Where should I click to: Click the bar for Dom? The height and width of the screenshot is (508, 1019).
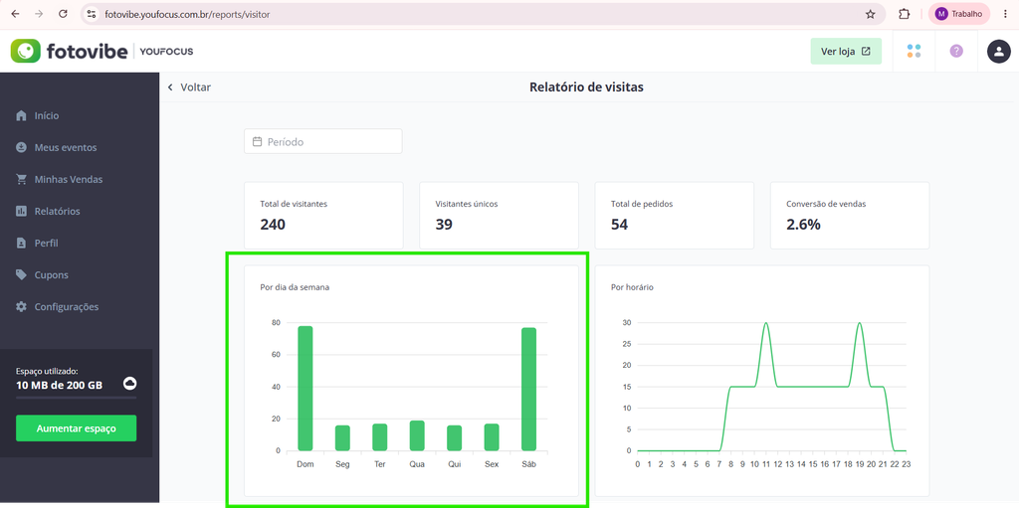[306, 389]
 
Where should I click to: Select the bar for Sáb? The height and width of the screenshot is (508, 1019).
[529, 389]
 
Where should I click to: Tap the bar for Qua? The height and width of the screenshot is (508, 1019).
[417, 435]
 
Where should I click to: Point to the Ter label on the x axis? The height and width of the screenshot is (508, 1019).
[380, 464]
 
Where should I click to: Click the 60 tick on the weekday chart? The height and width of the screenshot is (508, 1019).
[276, 355]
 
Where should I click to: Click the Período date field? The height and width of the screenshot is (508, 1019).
[323, 141]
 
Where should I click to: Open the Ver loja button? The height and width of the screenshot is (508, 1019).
[846, 52]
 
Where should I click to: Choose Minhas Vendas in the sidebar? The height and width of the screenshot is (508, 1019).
[69, 179]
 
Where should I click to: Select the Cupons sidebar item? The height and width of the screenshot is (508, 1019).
[52, 274]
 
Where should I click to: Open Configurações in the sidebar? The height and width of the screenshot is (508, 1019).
[67, 306]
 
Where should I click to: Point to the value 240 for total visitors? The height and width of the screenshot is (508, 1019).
[273, 225]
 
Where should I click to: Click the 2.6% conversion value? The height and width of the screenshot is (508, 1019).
[803, 225]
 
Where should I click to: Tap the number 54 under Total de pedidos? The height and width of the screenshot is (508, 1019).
[620, 225]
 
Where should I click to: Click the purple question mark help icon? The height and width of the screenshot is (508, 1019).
[956, 52]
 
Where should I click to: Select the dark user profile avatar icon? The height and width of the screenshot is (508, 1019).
[999, 52]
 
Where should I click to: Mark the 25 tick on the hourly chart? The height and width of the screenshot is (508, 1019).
[627, 344]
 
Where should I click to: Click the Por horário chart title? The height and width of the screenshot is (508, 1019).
[632, 287]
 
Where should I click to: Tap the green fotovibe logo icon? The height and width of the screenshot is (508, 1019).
[26, 52]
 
